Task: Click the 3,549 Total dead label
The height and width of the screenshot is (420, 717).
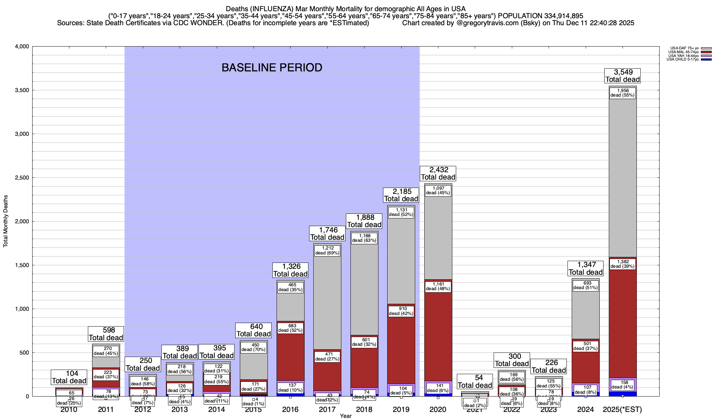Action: coord(622,76)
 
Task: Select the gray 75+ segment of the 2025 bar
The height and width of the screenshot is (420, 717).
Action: coord(622,175)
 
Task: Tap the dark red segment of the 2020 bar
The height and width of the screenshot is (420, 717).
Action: coord(438,336)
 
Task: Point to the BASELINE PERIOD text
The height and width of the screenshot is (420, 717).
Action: coord(272,68)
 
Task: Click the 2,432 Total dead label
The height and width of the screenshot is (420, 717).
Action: coord(438,173)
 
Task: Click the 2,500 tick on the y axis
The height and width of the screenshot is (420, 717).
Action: coord(21,178)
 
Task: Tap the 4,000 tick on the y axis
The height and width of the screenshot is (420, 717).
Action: coord(21,47)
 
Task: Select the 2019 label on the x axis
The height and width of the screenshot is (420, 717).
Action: coord(401,409)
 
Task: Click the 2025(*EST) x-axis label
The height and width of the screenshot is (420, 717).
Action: coord(622,409)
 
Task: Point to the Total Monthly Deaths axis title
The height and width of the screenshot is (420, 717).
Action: coord(6,221)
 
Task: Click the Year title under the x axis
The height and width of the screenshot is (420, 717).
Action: coord(346,416)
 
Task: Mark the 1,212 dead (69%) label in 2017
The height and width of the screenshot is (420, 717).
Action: coord(327,251)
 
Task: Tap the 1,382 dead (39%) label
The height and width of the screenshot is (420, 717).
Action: coord(622,264)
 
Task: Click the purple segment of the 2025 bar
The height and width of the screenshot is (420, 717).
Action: coord(622,385)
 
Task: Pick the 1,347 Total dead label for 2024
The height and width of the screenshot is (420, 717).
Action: coord(585,268)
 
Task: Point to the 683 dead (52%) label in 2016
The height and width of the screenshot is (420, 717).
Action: coord(290,328)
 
